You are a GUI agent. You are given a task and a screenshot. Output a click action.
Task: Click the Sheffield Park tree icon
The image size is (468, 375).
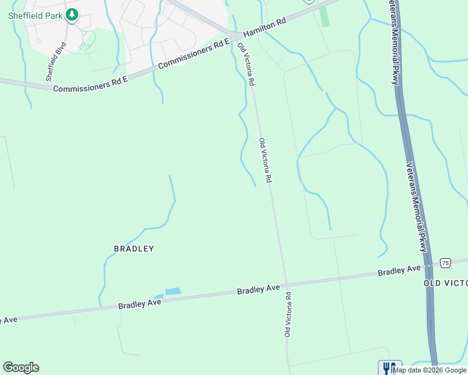(x=72, y=14)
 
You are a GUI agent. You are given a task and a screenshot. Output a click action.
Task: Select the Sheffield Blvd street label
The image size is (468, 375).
(x=55, y=61)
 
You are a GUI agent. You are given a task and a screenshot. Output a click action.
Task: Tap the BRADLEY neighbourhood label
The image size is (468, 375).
(x=134, y=248)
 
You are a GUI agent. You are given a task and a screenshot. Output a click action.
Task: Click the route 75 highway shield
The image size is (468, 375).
(x=445, y=263)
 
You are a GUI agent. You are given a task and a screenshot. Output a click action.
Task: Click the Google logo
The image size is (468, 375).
(x=21, y=367)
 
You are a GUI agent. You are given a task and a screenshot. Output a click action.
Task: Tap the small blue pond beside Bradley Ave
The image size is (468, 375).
(x=171, y=291)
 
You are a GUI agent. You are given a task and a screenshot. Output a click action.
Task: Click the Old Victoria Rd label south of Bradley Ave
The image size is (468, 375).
(x=288, y=314)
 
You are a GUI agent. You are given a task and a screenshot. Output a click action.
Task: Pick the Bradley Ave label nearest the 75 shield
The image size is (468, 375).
(x=399, y=270)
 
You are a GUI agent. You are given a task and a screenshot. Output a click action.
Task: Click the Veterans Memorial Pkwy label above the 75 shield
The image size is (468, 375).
(x=415, y=207)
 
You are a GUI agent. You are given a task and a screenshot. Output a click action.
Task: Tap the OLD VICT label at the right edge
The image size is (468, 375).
(x=446, y=283)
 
